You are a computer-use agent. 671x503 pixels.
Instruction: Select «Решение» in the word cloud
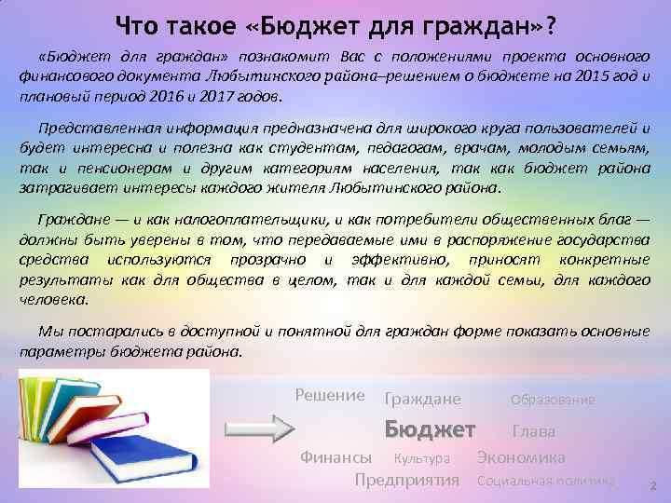click(330, 395)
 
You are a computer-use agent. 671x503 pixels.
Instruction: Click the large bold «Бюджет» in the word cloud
click(431, 429)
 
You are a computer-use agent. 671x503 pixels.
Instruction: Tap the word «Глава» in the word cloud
click(533, 431)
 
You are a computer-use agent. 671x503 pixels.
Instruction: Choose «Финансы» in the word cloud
click(335, 457)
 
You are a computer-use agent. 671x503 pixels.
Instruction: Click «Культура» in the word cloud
click(421, 458)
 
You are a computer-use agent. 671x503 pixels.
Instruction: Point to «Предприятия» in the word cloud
click(407, 481)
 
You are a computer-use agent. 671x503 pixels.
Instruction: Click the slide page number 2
click(652, 485)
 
